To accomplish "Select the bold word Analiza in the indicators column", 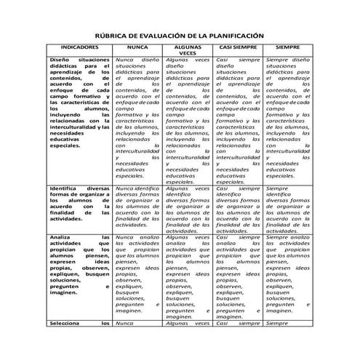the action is click(x=62, y=237).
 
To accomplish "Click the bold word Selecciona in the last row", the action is click(x=67, y=321).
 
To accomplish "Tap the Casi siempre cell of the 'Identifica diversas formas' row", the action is click(x=238, y=209).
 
